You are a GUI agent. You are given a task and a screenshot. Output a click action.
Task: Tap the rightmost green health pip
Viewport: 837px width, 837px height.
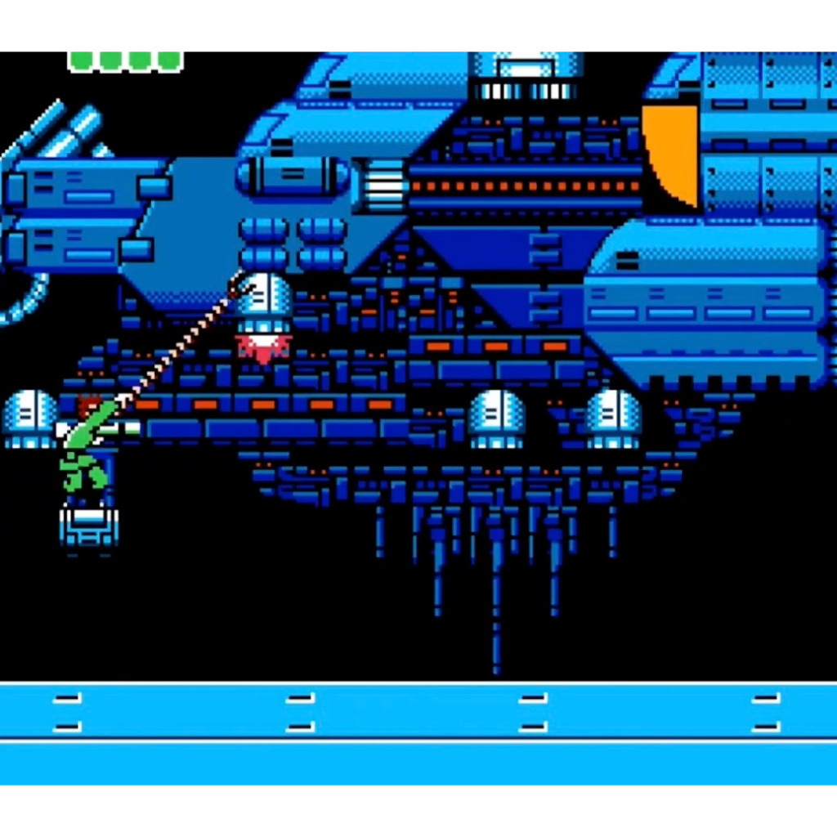coord(169,60)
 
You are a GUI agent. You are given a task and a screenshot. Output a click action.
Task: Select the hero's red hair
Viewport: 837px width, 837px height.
coord(88,404)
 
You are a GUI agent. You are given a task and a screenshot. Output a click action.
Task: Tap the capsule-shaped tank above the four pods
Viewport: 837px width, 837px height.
coord(294,175)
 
